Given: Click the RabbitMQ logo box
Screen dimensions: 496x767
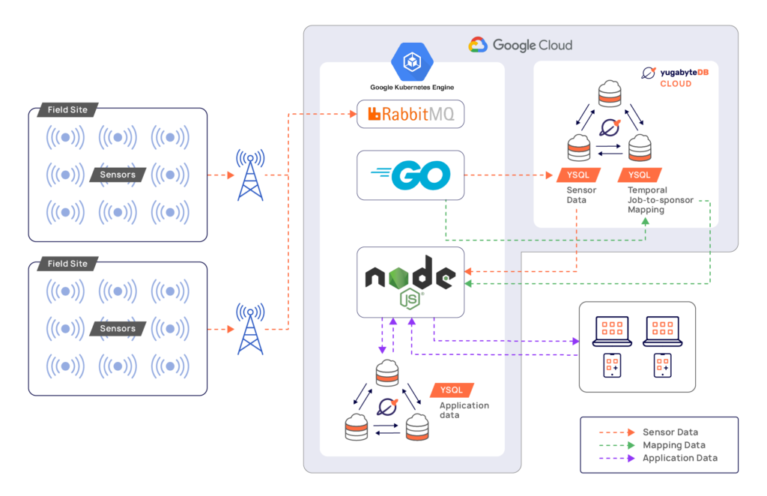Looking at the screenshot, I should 410,115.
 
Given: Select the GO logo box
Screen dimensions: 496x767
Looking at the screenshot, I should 410,175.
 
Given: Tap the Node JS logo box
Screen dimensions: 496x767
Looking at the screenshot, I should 410,282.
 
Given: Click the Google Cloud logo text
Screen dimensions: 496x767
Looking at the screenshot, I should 521,45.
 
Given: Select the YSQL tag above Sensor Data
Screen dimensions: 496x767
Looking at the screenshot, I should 577,175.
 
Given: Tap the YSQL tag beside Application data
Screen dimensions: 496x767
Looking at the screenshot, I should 452,390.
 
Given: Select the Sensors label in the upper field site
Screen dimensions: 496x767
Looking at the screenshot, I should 118,175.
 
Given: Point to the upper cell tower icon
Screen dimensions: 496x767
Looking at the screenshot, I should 250,175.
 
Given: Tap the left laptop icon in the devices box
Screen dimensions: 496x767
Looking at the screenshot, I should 613,330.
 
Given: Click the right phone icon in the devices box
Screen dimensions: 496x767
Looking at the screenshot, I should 662,366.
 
